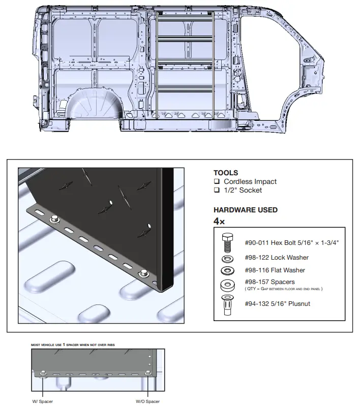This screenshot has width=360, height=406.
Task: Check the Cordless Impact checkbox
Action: pyautogui.click(x=217, y=181)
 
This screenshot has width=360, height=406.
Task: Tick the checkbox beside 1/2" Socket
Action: pyautogui.click(x=217, y=190)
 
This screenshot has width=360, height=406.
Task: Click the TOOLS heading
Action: pyautogui.click(x=226, y=173)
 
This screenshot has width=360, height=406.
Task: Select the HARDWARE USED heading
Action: pyautogui.click(x=246, y=210)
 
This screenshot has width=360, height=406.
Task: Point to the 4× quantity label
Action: pyautogui.click(x=219, y=221)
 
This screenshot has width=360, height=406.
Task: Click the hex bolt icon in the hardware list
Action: pyautogui.click(x=228, y=243)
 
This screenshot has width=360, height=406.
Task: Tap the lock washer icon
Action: pyautogui.click(x=228, y=259)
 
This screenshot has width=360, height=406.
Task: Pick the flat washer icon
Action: pyautogui.click(x=228, y=271)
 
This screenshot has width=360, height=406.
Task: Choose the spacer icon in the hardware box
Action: pyautogui.click(x=228, y=286)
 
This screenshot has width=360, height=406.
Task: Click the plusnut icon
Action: pyautogui.click(x=228, y=305)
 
